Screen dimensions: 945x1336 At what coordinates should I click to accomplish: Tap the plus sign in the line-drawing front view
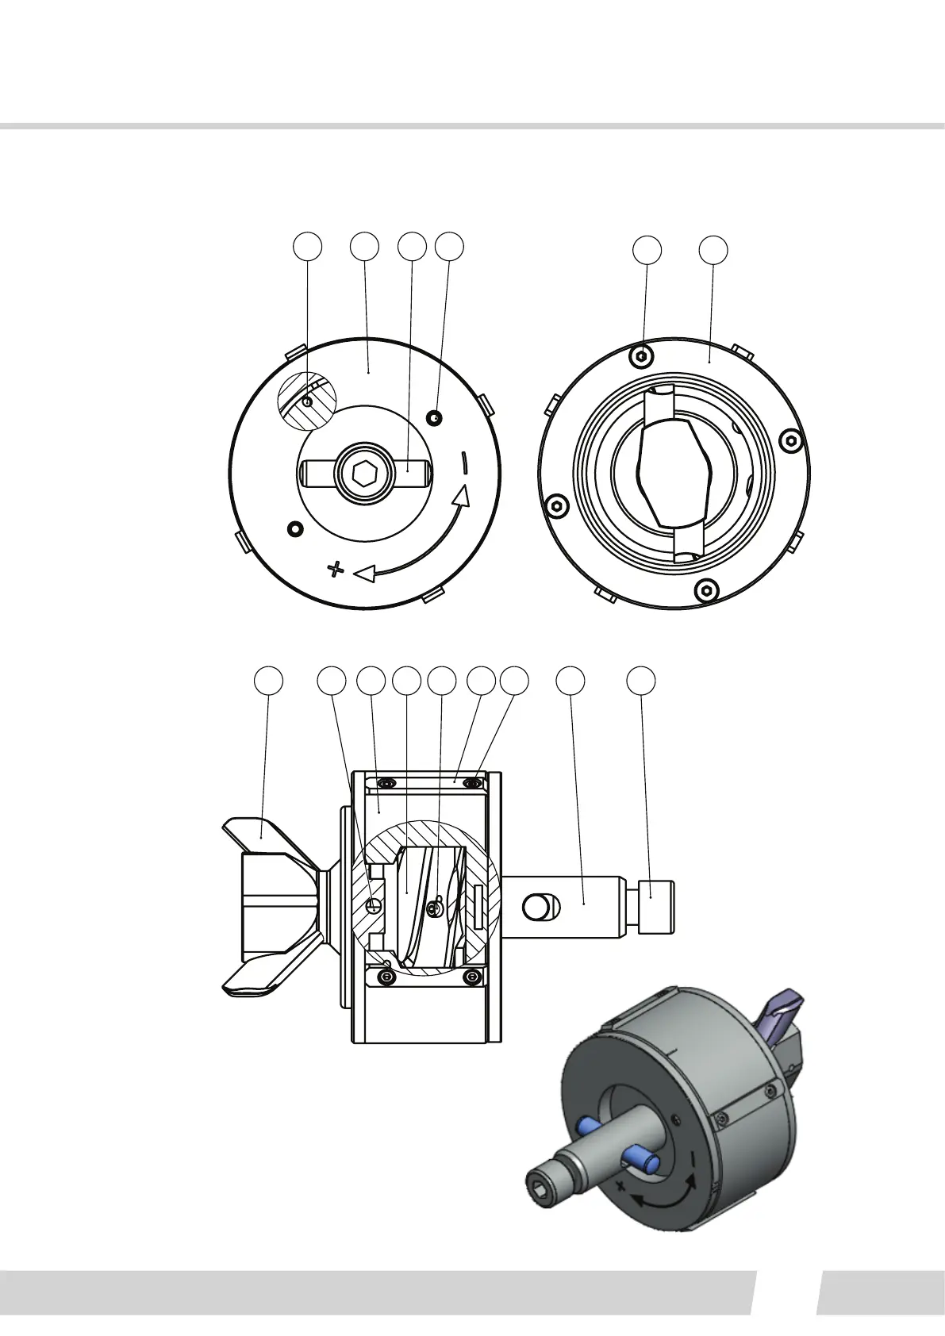click(336, 568)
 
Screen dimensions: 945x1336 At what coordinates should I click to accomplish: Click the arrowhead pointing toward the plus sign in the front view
click(364, 572)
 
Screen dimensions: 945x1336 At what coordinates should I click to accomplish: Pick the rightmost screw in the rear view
click(790, 441)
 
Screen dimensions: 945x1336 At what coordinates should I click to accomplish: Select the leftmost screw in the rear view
click(557, 505)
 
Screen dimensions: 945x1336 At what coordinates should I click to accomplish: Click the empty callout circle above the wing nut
click(268, 681)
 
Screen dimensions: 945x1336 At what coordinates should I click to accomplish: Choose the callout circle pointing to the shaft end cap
click(642, 681)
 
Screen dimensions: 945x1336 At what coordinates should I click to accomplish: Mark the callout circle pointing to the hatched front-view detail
click(308, 247)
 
